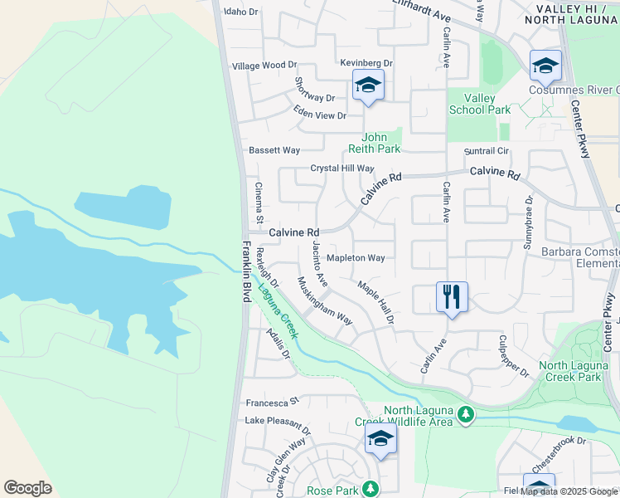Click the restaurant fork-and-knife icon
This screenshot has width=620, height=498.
click(x=452, y=296)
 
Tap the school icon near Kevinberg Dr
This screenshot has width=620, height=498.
click(x=369, y=85)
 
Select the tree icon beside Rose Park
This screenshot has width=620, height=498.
click(x=372, y=490)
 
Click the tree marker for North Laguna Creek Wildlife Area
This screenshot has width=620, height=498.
click(x=466, y=413)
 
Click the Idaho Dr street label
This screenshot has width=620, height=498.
click(x=242, y=12)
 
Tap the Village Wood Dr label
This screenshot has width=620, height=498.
click(x=264, y=65)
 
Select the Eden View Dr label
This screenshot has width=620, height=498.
click(x=319, y=115)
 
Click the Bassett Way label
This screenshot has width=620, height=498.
click(x=274, y=150)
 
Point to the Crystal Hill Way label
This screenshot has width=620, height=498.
click(x=342, y=168)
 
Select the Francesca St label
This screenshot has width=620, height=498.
click(x=271, y=403)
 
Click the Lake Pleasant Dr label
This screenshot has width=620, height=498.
click(x=277, y=426)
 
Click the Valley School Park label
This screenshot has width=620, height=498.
click(x=479, y=104)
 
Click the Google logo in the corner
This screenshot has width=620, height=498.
click(x=27, y=488)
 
